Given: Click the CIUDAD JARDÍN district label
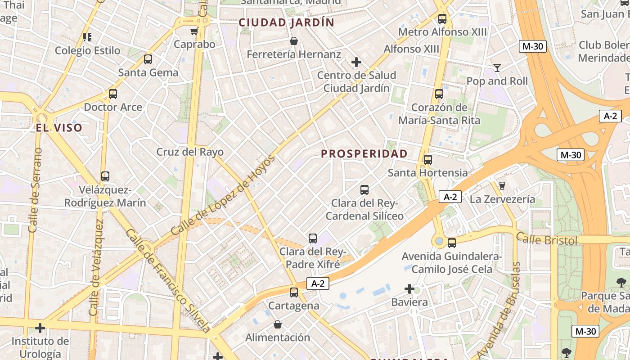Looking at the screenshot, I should (x=286, y=22).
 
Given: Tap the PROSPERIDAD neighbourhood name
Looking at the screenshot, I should (x=364, y=154).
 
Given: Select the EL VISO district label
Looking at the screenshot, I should (x=59, y=128).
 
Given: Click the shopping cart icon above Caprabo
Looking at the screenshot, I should (x=194, y=31).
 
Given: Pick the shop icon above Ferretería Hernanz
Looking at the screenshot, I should (x=294, y=41).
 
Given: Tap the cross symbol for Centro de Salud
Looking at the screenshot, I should (x=356, y=62).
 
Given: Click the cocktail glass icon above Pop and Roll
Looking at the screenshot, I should (x=497, y=68).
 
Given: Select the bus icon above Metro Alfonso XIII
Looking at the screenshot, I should (x=442, y=19).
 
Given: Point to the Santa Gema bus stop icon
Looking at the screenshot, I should (x=148, y=59).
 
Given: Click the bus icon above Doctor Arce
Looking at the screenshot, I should (x=113, y=94).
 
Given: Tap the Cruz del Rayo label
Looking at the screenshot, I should (x=190, y=152).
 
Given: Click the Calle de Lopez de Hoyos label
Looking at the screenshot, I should (x=223, y=196).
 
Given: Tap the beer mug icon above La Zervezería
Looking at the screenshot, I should (x=502, y=185).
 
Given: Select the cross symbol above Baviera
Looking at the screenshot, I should (x=409, y=288).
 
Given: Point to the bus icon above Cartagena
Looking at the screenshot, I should (x=294, y=292).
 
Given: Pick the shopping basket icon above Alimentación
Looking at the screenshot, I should (x=278, y=324).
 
